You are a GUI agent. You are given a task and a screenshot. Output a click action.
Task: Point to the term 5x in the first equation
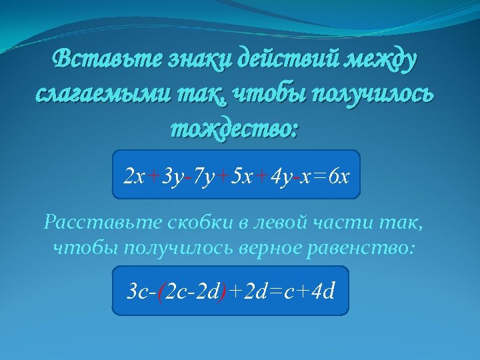tap(240, 177)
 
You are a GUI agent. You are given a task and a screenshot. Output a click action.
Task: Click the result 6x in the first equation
tap(340, 177)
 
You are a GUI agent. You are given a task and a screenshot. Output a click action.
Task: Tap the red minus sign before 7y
tap(189, 177)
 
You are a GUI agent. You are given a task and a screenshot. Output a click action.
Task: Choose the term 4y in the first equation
tap(279, 177)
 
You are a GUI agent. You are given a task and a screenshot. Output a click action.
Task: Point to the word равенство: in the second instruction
tap(365, 249)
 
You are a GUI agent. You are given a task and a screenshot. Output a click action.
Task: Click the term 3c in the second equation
tap(137, 292)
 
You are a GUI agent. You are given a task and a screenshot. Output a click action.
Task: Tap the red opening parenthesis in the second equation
tap(159, 292)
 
